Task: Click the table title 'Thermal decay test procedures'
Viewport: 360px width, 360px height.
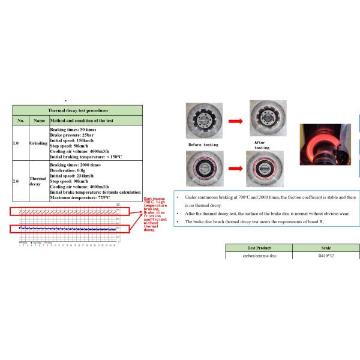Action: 78,111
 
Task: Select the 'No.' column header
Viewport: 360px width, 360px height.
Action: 20,121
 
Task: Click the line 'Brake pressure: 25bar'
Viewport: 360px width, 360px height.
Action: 73,136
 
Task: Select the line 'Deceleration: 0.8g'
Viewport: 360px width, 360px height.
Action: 70,169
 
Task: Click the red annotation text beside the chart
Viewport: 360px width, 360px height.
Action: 157,214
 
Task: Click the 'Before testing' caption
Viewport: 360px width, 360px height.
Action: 203,145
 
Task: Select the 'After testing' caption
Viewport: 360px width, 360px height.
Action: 262,145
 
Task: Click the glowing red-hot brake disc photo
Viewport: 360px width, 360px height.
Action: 323,145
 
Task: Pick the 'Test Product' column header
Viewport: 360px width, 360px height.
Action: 259,248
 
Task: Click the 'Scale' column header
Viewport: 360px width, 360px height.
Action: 326,248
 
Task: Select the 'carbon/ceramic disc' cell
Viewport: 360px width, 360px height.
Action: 259,256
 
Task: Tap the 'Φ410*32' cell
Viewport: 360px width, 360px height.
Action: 326,256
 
